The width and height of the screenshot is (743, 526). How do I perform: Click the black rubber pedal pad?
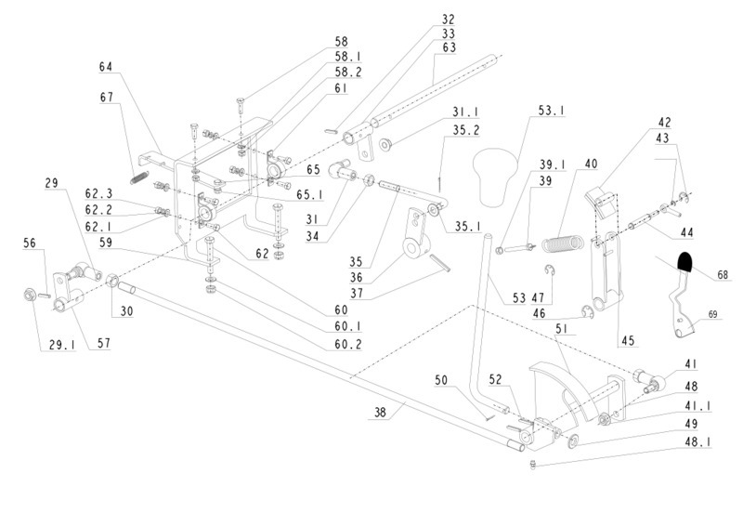(686, 264)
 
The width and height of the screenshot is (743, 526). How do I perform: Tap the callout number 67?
(106, 97)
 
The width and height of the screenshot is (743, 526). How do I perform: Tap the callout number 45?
(628, 341)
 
